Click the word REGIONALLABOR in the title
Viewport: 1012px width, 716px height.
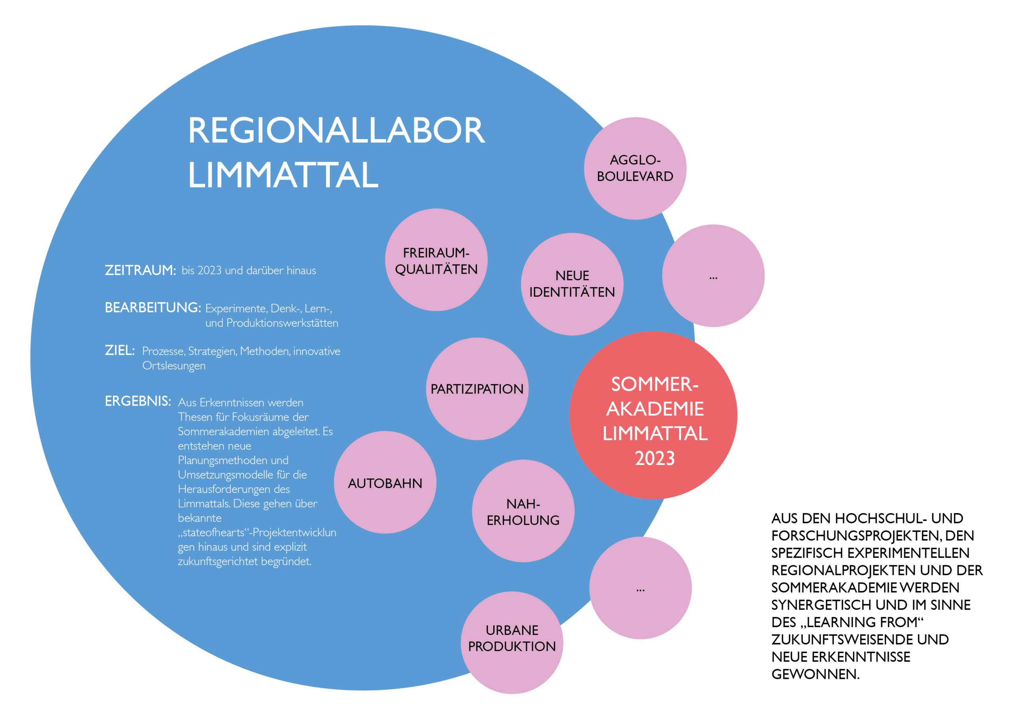[x=336, y=130]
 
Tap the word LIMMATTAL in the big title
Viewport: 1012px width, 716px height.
[x=283, y=175]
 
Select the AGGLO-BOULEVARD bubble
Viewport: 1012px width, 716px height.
[x=635, y=168]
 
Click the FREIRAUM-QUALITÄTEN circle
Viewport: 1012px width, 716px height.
[x=436, y=260]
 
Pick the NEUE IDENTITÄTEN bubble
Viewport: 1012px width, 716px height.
[x=572, y=284]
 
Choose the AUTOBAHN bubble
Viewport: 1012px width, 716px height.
[x=385, y=483]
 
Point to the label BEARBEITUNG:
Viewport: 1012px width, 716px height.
[x=153, y=307]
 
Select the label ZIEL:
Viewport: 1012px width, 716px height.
[x=119, y=350]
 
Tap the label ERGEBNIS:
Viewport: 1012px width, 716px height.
[x=138, y=401]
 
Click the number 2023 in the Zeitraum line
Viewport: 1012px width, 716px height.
[x=210, y=270]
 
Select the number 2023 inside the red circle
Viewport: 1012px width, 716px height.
[x=655, y=459]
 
